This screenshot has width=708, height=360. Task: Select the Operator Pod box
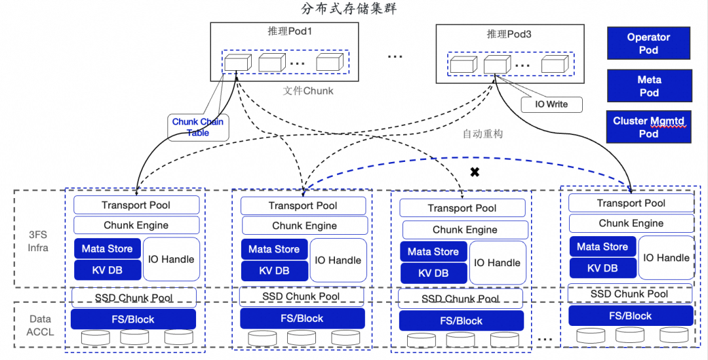coord(648,44)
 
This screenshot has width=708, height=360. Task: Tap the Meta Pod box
coord(649,86)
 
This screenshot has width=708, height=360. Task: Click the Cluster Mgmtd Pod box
coord(649,127)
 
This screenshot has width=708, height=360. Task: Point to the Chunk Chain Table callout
coord(198,127)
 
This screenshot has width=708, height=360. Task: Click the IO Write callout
coord(551,104)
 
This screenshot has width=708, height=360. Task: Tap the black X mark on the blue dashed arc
coord(475,172)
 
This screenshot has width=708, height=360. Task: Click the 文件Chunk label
coord(308,91)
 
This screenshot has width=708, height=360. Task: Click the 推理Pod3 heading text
coord(509,34)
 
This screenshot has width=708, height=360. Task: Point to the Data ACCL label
coord(39,325)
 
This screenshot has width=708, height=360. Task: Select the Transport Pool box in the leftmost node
coord(136,205)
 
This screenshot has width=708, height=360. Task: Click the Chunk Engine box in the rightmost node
coord(631,224)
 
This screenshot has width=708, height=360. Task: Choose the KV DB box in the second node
coord(274,271)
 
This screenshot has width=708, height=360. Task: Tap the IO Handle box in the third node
coord(497,263)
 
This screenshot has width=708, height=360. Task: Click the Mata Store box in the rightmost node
coord(602,247)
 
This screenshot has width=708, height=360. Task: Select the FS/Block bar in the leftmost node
coord(133,319)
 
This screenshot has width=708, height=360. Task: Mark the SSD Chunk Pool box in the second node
coord(301,296)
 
